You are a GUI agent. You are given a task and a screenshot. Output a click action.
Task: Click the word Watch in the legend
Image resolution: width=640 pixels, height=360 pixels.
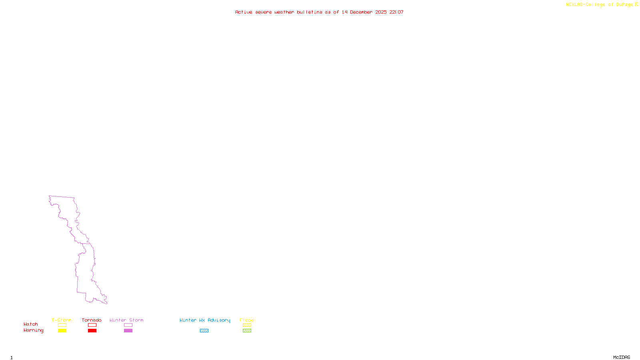point(31,324)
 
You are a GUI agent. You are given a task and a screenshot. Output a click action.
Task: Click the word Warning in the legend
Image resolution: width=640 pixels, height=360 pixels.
point(33,330)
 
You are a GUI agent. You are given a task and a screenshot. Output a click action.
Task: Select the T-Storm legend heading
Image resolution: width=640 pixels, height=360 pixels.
point(62,320)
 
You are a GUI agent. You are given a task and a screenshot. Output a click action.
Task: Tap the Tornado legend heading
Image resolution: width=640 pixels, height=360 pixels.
point(92,320)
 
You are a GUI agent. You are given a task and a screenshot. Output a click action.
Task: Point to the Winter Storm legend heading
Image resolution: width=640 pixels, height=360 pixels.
point(126,320)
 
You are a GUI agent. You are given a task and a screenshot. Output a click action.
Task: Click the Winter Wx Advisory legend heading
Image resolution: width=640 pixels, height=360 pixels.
point(205,320)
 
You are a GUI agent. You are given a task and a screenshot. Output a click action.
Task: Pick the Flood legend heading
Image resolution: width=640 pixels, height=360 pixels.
point(247,320)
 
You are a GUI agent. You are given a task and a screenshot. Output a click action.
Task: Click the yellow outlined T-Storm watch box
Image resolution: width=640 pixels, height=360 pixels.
point(62,325)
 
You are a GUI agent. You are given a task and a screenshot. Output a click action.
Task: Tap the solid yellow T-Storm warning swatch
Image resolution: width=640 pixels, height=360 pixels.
point(62,331)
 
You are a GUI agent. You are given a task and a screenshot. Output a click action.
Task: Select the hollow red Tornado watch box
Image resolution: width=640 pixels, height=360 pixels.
point(92,325)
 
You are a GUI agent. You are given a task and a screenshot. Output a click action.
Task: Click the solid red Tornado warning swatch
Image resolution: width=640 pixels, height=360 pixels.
point(92,331)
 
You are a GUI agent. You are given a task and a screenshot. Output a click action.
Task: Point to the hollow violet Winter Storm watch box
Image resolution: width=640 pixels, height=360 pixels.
point(128,325)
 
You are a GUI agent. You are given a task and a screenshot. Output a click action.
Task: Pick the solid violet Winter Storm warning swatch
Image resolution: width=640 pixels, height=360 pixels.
point(128,331)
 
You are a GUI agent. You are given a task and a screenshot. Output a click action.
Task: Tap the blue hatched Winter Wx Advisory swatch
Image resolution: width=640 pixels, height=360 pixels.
point(204,331)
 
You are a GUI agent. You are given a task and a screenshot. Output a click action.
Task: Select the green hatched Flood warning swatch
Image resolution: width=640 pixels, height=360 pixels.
point(247,331)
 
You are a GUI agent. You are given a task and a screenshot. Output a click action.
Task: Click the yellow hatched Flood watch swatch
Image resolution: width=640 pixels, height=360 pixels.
point(247,325)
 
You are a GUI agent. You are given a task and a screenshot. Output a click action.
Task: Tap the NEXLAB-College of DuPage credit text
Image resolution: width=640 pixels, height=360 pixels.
point(600,4)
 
